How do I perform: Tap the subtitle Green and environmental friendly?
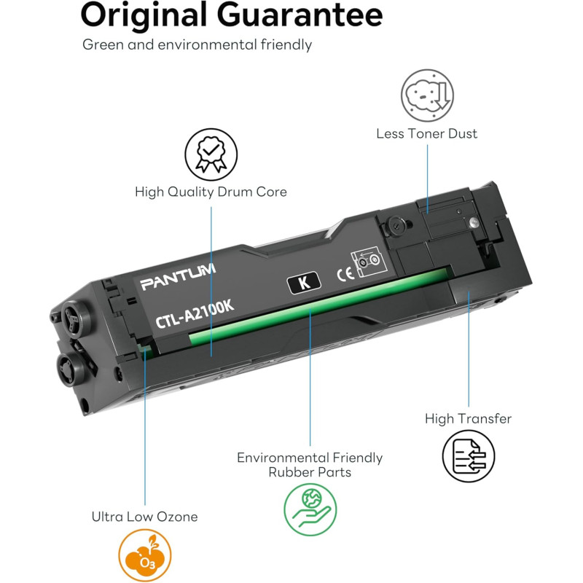[x=197, y=44]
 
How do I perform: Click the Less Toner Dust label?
[x=427, y=133]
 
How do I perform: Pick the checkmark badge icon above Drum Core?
[x=211, y=154]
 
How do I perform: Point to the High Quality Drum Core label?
[x=211, y=192]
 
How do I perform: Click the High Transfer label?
[x=469, y=419]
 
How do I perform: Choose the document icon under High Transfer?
[x=469, y=456]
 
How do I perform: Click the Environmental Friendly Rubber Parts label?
[x=310, y=465]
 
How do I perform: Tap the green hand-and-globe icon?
[x=310, y=509]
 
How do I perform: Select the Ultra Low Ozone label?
[x=144, y=517]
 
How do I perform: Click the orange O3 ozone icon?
[x=144, y=555]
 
